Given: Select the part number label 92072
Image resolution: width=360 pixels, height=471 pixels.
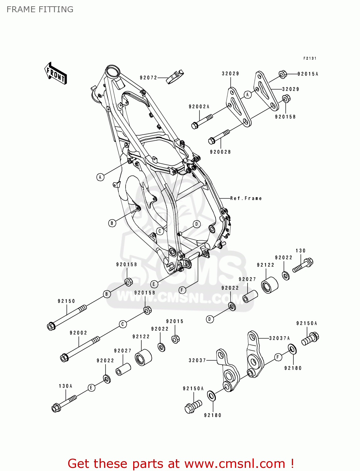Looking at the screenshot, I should click(x=148, y=78).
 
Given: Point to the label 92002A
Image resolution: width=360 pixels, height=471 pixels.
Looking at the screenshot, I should click(x=199, y=107).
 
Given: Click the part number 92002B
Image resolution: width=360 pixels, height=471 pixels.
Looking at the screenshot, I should click(x=220, y=152).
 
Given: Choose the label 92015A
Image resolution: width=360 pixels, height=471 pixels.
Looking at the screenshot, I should click(x=308, y=74).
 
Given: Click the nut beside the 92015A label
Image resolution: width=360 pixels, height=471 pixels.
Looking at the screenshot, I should click(x=283, y=74).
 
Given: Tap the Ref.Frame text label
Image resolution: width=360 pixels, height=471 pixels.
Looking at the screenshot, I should click(x=246, y=198).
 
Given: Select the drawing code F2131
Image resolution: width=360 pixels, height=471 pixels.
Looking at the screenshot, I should click(x=310, y=58).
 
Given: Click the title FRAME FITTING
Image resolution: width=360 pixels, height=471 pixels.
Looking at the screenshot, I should click(x=40, y=10).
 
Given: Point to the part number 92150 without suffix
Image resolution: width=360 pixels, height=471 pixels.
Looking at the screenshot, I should click(x=66, y=301).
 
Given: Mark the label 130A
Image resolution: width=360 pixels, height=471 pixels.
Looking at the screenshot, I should click(x=65, y=386).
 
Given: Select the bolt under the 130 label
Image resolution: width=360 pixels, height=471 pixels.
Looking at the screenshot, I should click(x=303, y=265).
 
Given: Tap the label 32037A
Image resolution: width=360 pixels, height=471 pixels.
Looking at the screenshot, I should click(x=279, y=338).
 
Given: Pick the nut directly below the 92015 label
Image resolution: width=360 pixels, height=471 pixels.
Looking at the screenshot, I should click(x=176, y=339).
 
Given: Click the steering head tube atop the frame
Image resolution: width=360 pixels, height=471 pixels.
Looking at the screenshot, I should click(x=112, y=71).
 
